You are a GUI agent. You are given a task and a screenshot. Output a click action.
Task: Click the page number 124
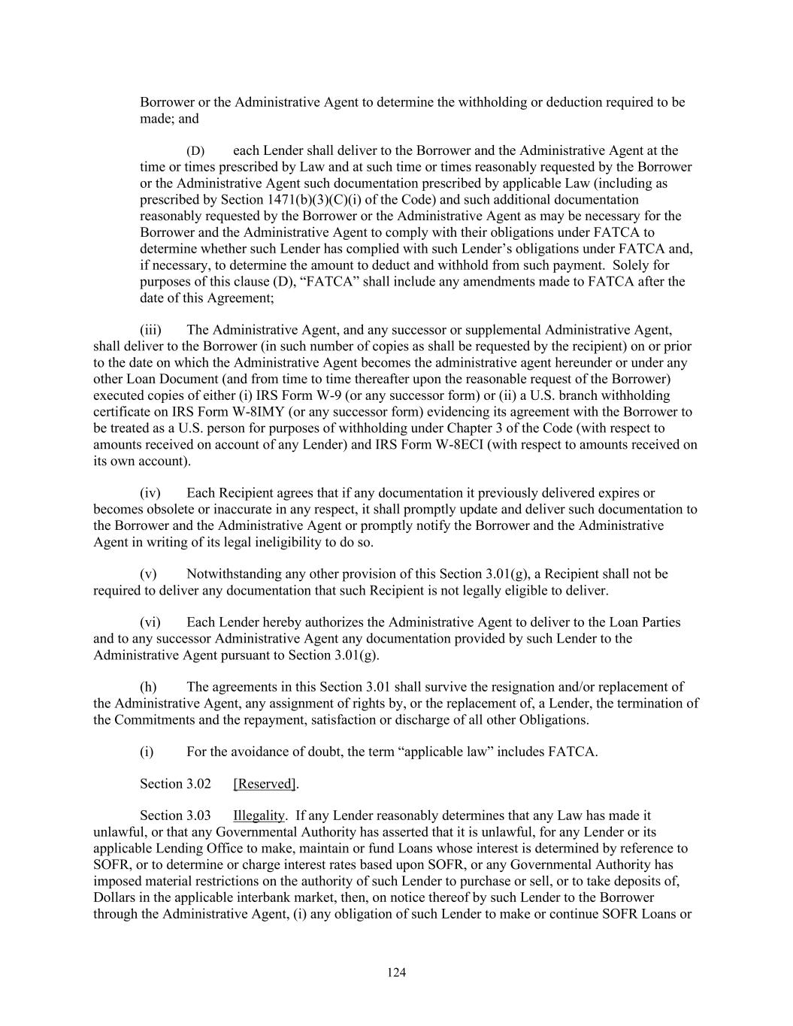396,973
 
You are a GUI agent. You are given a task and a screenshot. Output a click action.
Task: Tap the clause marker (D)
195,151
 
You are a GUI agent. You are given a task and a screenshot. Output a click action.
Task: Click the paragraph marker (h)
150,687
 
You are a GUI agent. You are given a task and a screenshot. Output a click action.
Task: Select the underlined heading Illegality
259,816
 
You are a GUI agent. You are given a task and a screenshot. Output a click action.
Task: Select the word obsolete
170,510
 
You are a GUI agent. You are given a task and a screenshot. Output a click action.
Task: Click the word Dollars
117,898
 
